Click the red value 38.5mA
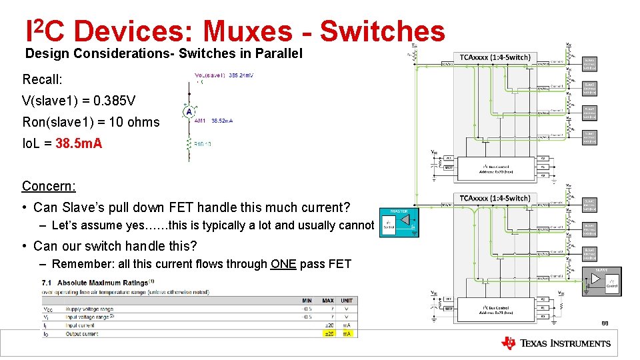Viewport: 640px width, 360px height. pyautogui.click(x=79, y=143)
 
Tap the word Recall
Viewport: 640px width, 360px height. pyautogui.click(x=42, y=80)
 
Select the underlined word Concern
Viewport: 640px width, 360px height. pyautogui.click(x=49, y=186)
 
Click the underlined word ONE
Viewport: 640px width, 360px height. pyautogui.click(x=283, y=264)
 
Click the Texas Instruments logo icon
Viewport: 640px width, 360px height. pyautogui.click(x=508, y=343)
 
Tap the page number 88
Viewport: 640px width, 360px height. pyautogui.click(x=605, y=324)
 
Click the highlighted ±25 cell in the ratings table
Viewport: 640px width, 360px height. pyautogui.click(x=328, y=333)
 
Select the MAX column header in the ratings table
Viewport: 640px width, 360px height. pyautogui.click(x=328, y=301)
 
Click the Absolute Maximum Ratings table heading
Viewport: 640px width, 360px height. pyautogui.click(x=102, y=282)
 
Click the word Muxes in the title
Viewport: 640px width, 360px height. pyautogui.click(x=247, y=31)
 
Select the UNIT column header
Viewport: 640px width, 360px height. pyautogui.click(x=347, y=301)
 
